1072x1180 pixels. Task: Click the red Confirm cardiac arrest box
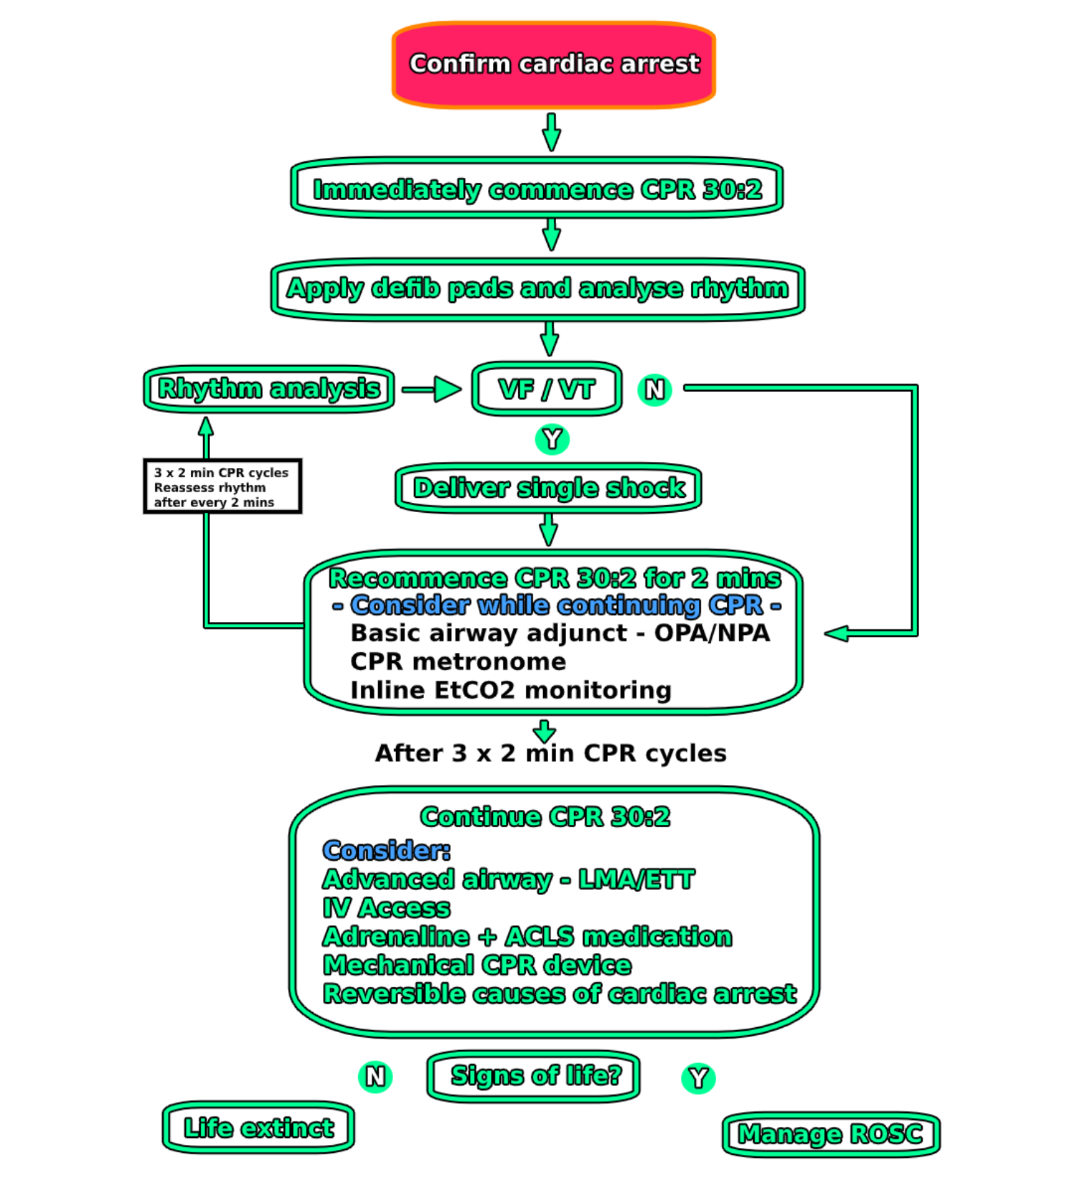tap(553, 64)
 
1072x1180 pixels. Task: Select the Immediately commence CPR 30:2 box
tap(537, 189)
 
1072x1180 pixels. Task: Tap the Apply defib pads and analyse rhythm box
tap(537, 289)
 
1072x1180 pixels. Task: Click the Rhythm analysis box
tap(269, 389)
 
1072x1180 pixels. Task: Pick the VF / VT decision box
tap(547, 389)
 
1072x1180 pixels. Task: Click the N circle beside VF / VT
tap(655, 390)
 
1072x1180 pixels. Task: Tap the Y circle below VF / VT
tap(552, 439)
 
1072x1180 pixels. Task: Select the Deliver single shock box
tap(548, 489)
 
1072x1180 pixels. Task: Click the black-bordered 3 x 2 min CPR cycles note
tap(222, 486)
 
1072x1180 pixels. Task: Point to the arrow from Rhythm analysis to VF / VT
tap(432, 389)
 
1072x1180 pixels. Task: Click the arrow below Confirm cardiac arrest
tap(551, 131)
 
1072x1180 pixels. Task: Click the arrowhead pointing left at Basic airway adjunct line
tap(836, 634)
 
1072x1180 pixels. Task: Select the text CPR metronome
tap(458, 661)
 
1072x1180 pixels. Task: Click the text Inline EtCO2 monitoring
tap(510, 690)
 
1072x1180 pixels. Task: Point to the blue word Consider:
tap(387, 850)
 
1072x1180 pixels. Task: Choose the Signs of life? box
tap(534, 1076)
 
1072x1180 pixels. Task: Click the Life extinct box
tap(259, 1128)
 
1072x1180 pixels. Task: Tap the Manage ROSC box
tap(830, 1134)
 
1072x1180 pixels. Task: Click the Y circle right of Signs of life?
tap(698, 1078)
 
